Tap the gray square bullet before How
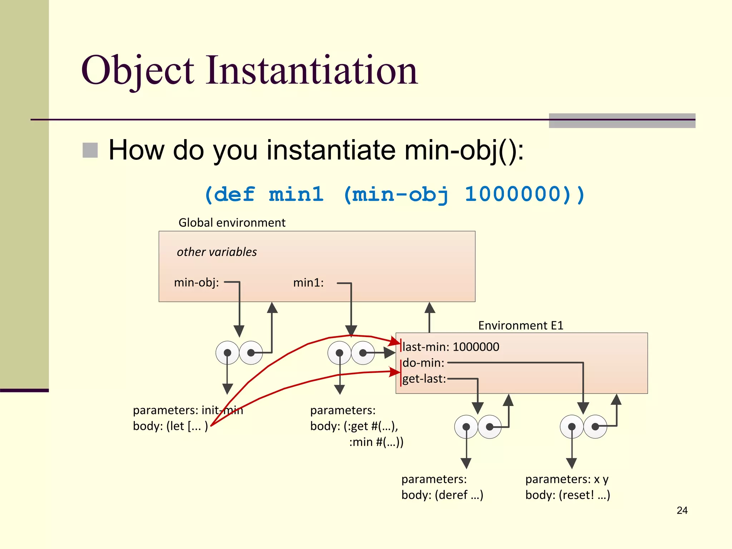tap(90, 150)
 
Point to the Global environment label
tap(232, 223)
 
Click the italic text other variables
tap(217, 252)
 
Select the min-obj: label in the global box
tap(196, 283)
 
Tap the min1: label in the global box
tap(308, 283)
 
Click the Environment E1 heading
tap(520, 326)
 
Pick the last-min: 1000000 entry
tap(450, 347)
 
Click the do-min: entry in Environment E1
tap(423, 363)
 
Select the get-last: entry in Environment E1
tap(424, 379)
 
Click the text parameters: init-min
tap(188, 410)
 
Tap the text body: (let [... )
tap(170, 426)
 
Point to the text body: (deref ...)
tap(442, 495)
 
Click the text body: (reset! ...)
tap(568, 495)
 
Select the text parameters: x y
tap(567, 479)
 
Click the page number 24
tap(682, 510)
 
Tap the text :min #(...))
tap(376, 442)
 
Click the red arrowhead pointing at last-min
tap(396, 341)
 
